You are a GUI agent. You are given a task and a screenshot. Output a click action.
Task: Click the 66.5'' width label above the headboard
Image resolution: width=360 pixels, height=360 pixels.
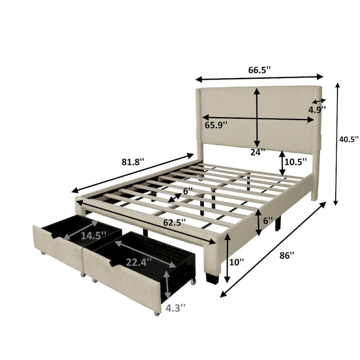(x=260, y=70)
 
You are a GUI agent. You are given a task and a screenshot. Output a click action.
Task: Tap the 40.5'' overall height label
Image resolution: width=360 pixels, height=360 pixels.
(x=349, y=139)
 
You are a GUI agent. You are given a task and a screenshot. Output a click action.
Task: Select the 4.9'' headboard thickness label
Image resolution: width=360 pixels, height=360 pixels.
(x=317, y=110)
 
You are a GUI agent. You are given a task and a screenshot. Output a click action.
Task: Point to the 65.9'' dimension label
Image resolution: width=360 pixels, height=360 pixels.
(x=216, y=125)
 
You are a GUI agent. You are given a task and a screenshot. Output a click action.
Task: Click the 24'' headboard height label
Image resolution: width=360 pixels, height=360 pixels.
(x=257, y=152)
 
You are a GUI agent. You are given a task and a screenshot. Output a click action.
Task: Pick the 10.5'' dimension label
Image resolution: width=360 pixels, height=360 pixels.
(x=296, y=162)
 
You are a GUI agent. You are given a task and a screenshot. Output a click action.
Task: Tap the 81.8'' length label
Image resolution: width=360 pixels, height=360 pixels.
(x=133, y=162)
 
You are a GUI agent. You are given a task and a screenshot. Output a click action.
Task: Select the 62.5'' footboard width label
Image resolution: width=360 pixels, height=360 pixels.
(x=175, y=222)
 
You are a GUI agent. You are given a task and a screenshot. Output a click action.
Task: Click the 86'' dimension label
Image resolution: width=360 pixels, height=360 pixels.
(x=287, y=255)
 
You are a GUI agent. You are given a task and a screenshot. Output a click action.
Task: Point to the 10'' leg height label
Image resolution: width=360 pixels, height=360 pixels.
(x=237, y=261)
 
